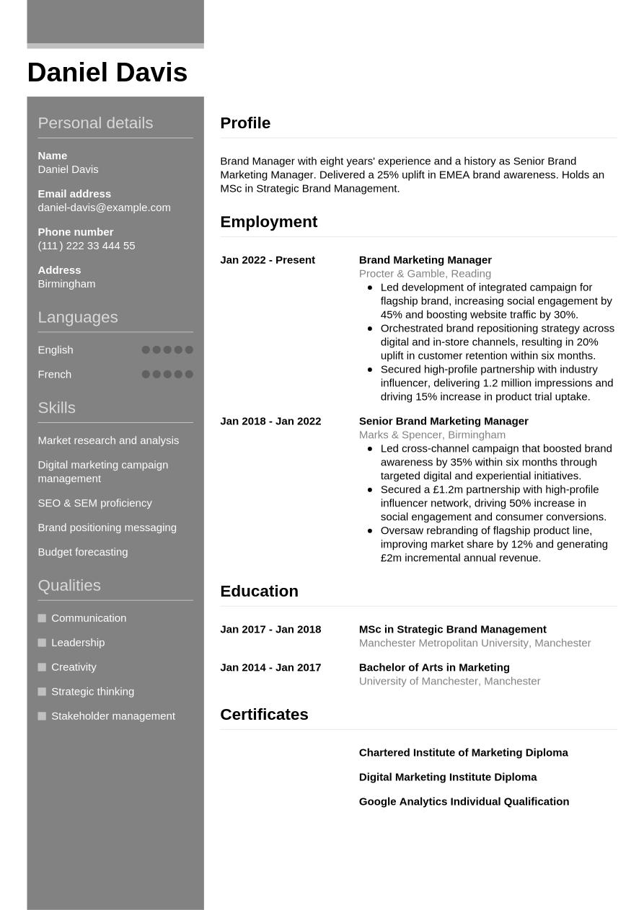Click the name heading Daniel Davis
107,73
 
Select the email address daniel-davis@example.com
104,208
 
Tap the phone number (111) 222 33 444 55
86,246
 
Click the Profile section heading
245,123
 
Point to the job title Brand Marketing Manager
425,260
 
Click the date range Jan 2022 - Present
268,260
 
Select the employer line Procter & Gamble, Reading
425,274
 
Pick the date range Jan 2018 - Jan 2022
270,421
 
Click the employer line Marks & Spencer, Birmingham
432,435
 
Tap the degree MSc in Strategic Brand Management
452,630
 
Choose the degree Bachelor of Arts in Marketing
434,668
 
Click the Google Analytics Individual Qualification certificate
464,802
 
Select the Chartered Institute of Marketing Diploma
463,753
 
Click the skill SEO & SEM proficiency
94,503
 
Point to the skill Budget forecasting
82,552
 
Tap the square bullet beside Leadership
42,643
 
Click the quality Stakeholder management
113,716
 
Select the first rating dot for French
146,375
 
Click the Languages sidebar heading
77,318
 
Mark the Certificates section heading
264,715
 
